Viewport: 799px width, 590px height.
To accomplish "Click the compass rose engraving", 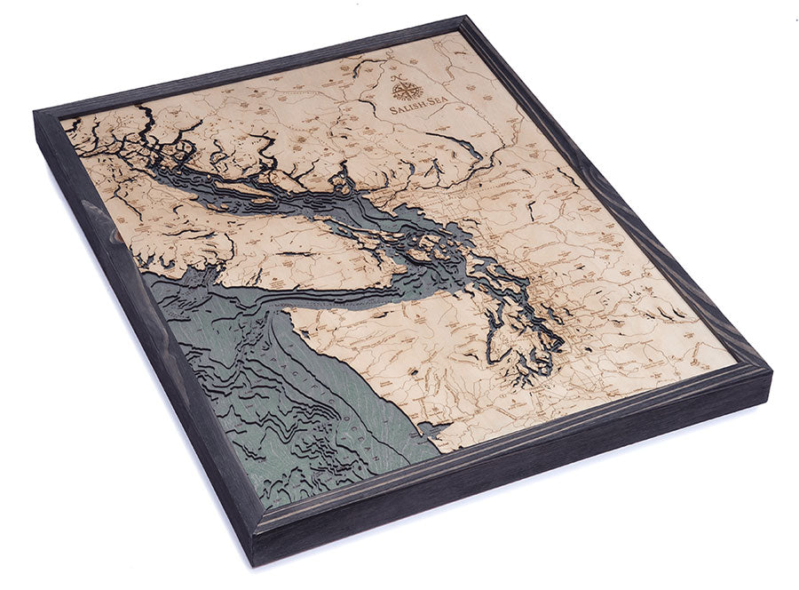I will (x=409, y=90).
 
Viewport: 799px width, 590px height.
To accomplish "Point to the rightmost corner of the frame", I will (x=771, y=371).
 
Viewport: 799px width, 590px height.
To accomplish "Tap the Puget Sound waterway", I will (x=533, y=329).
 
